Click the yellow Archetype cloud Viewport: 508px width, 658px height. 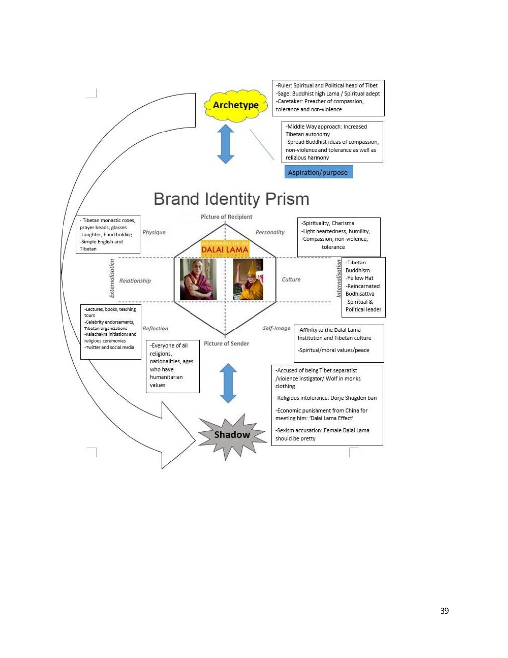pos(236,105)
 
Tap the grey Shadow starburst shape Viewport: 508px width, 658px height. pos(232,435)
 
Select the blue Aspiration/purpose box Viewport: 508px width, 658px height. pos(318,172)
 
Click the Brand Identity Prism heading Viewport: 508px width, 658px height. pos(231,199)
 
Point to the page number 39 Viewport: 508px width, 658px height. pos(444,611)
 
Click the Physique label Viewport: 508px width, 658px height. pos(154,232)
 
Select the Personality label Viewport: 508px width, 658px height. pos(270,232)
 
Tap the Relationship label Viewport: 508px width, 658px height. pos(135,281)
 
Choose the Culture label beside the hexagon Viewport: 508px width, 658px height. pos(291,280)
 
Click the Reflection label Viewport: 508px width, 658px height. pos(155,329)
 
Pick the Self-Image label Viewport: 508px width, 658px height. pos(276,329)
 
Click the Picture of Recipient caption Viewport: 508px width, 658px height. pos(226,217)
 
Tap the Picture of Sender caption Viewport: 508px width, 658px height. pos(226,343)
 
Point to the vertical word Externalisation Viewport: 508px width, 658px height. pos(112,278)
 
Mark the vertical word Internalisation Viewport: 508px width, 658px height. pos(339,278)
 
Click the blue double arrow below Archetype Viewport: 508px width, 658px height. pos(226,144)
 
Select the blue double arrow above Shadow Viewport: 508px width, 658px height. pos(228,383)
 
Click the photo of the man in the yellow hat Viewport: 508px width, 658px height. pos(248,279)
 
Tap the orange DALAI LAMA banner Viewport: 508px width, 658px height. pos(225,249)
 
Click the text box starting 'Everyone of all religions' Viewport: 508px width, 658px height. pos(173,366)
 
